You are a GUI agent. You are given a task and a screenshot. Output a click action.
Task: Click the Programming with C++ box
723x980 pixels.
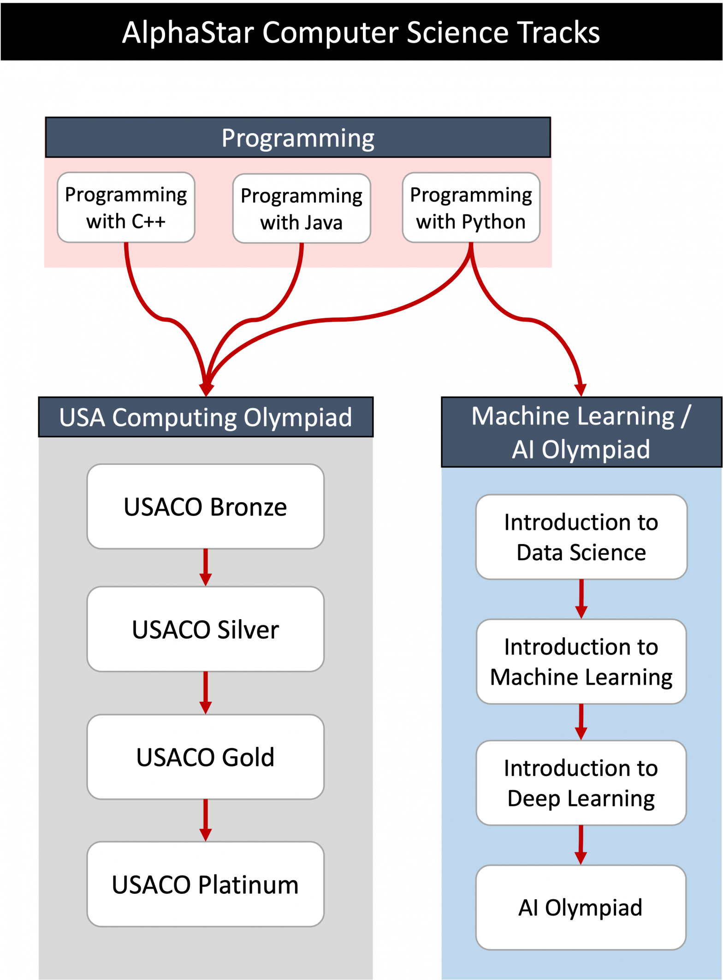coord(126,207)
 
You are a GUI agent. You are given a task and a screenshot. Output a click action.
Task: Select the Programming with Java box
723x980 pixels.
coord(302,208)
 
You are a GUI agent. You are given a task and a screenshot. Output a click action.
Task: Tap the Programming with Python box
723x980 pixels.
coord(471,207)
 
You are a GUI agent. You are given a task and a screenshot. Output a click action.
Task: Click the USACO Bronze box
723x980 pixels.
coord(205,506)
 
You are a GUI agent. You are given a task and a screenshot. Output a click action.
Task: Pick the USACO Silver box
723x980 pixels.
coord(205,629)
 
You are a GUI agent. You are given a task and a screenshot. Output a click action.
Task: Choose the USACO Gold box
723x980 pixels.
coord(205,757)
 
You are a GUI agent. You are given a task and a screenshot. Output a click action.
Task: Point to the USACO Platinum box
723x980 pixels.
coord(205,884)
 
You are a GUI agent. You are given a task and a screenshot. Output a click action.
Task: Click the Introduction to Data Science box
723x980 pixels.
coord(581,537)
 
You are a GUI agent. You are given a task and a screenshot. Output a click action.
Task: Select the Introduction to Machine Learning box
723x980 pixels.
coord(581,661)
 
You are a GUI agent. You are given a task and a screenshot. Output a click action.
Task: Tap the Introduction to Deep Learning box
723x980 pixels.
coord(581,783)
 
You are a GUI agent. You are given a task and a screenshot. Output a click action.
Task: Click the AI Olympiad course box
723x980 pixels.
coord(581,907)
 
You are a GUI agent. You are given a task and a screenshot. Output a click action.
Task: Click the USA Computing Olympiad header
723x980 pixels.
coord(206,417)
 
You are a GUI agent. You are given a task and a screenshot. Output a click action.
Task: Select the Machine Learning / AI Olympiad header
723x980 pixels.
coord(581,432)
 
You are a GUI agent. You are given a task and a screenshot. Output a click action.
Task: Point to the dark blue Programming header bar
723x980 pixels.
coord(298,138)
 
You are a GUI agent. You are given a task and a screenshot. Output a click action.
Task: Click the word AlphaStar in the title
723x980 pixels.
coord(188,33)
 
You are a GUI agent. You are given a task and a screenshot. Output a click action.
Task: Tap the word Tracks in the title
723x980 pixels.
coord(558,33)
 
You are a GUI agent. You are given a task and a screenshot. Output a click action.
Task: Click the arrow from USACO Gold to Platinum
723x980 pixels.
coord(206,821)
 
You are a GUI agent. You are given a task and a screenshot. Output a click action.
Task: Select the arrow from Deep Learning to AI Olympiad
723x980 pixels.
coord(581,845)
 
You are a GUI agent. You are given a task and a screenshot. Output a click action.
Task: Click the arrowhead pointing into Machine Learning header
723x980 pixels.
coord(581,390)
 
